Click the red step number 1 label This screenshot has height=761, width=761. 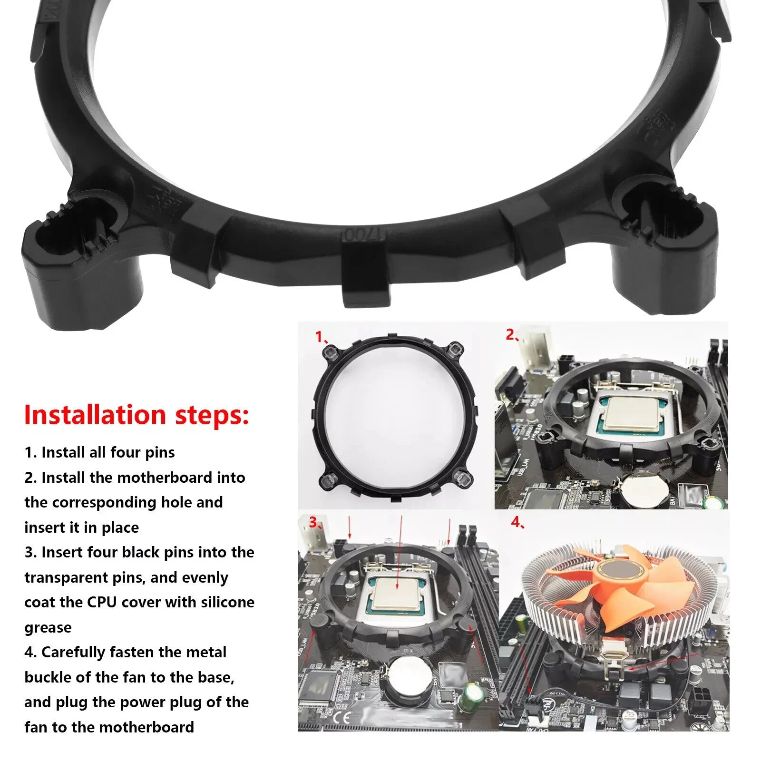coord(320,337)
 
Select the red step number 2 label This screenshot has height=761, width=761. coord(510,335)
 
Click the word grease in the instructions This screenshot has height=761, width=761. coord(48,627)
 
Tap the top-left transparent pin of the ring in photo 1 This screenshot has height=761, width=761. coord(330,352)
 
